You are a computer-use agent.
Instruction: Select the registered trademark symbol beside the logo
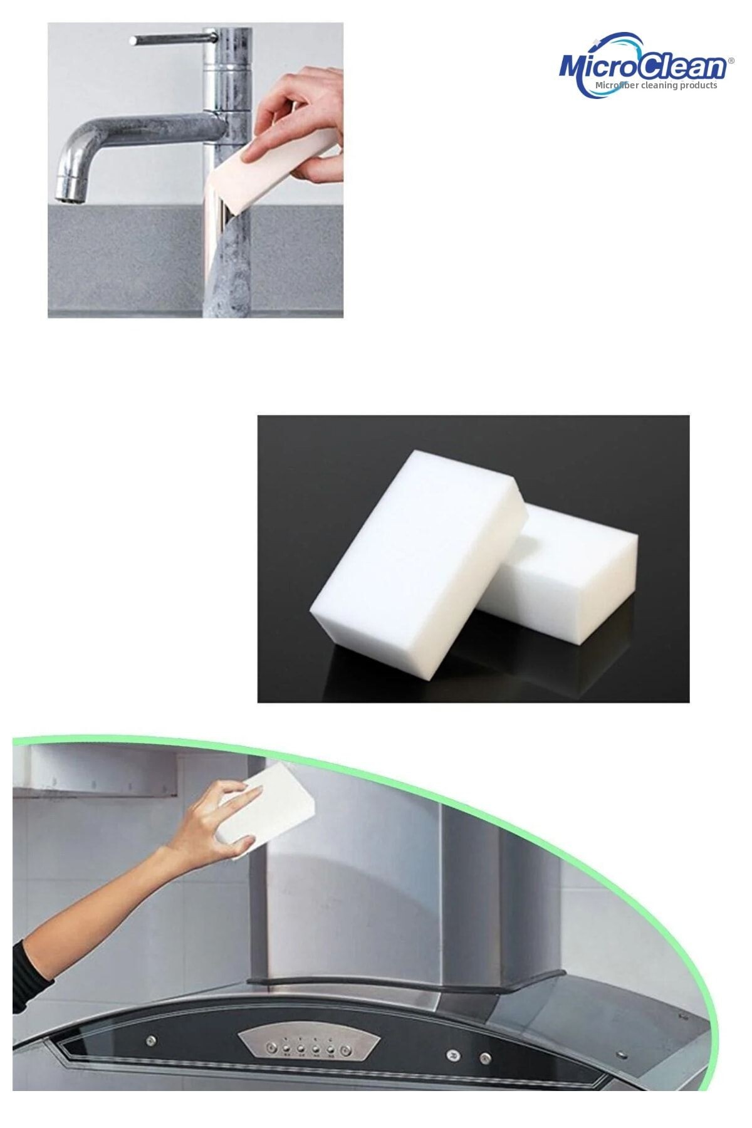[x=731, y=61]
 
